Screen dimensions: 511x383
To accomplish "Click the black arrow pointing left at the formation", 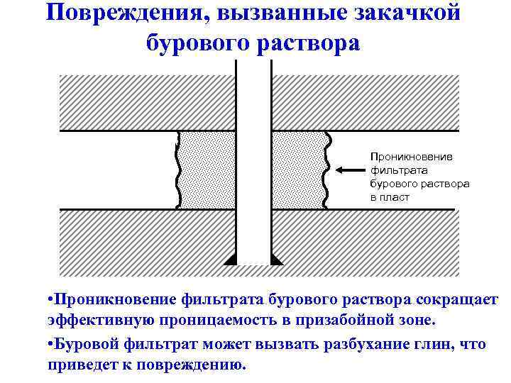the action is (x=348, y=170).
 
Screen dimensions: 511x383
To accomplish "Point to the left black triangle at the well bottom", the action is (x=231, y=260).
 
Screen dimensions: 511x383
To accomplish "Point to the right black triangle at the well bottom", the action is (x=276, y=260).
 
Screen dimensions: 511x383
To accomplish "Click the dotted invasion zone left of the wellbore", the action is (x=207, y=170).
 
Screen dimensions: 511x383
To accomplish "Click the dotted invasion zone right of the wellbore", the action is (x=298, y=170).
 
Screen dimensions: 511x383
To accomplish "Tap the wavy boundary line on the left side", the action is (x=176, y=170).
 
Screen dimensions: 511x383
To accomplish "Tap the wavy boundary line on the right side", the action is (x=326, y=170).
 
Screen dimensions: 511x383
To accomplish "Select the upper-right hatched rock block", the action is (x=366, y=103).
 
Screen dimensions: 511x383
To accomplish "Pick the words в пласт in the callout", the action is (x=390, y=197).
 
